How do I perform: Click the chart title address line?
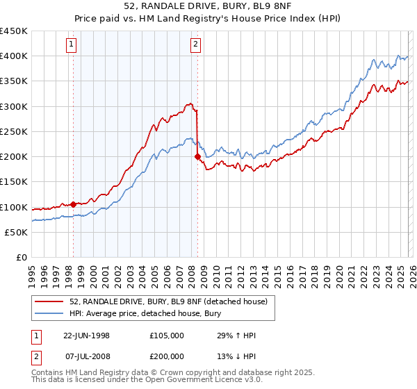pos(208,6)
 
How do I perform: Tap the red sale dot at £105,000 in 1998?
pos(74,204)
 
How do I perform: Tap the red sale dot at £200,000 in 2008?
pos(197,157)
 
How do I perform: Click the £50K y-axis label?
pos(17,233)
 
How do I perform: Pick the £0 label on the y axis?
pos(22,258)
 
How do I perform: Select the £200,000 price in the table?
pos(167,355)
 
